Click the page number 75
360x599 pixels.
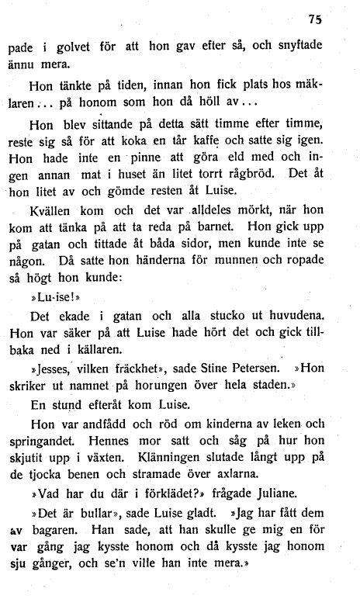click(313, 19)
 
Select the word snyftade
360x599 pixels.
click(296, 46)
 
